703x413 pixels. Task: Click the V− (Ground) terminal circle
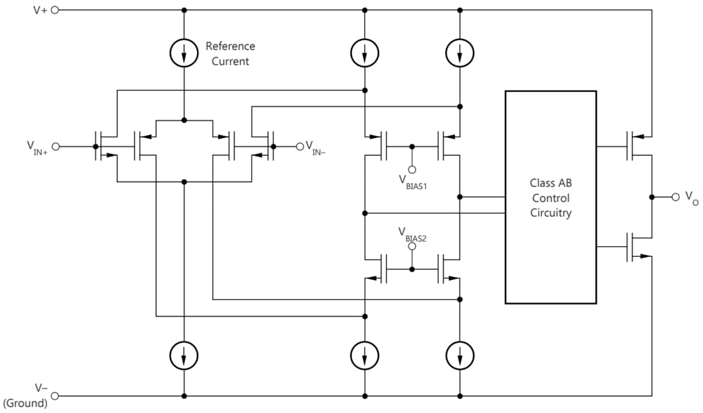[x=54, y=396]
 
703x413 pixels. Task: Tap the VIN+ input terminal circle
[x=56, y=146]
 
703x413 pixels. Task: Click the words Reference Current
[x=230, y=54]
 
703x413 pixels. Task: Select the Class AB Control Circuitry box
[x=550, y=197]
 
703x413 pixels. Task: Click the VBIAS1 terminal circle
[x=412, y=169]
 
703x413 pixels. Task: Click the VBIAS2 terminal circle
[x=412, y=246]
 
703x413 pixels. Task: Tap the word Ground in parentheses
[x=26, y=403]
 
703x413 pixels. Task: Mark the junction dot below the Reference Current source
[x=184, y=120]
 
